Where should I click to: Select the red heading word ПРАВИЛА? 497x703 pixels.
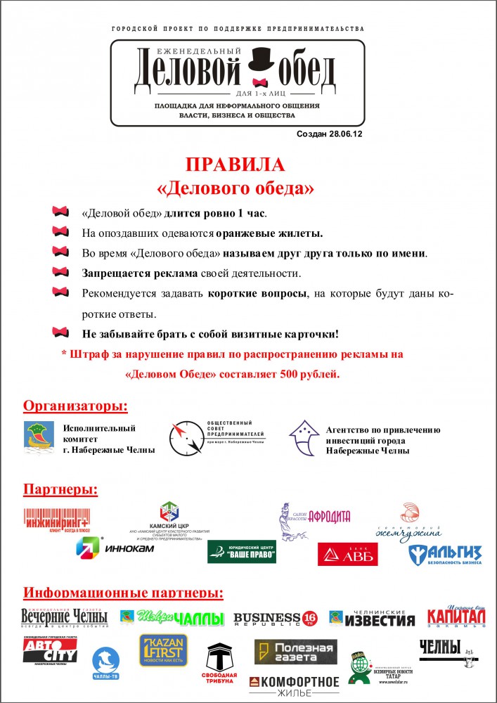pos(235,166)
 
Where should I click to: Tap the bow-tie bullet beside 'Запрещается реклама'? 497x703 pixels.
pos(61,272)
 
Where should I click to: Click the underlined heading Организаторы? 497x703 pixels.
pos(76,406)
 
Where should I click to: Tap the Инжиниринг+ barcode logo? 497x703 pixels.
pos(57,520)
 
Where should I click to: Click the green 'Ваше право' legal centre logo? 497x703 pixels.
pos(241,552)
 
